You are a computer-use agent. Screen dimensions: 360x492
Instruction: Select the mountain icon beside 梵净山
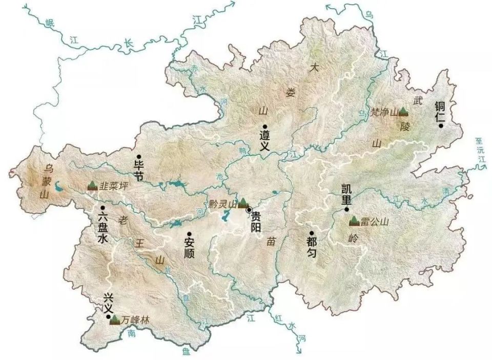(x=403, y=111)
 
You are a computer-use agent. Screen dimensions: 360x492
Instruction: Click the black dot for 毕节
(x=138, y=157)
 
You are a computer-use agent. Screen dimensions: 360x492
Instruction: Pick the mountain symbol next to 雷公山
(x=354, y=221)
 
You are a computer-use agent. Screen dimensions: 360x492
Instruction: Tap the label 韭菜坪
(x=113, y=185)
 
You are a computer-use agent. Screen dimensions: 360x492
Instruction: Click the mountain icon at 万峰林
(x=115, y=320)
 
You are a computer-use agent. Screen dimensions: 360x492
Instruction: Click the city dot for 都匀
(x=311, y=233)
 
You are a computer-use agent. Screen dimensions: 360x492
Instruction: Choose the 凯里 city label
(x=347, y=194)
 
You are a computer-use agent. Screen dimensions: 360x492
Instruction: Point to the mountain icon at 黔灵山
(x=243, y=203)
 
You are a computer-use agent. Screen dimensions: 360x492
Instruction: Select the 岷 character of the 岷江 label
(x=50, y=22)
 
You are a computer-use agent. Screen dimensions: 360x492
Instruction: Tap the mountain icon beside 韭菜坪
(x=92, y=185)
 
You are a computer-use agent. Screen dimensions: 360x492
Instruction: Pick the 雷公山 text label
(x=374, y=222)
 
